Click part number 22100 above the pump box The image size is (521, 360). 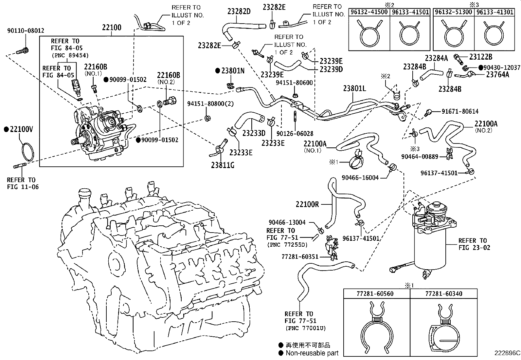click(x=112, y=28)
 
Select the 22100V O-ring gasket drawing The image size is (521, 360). click(x=27, y=152)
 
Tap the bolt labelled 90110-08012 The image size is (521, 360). click(x=23, y=51)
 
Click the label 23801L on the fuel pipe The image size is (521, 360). click(x=355, y=88)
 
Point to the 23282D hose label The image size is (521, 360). click(x=239, y=12)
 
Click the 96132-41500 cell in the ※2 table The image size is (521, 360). click(x=369, y=12)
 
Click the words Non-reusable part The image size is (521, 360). click(x=312, y=353)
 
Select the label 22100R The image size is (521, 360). click(x=307, y=204)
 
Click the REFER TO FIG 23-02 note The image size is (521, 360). click(x=474, y=244)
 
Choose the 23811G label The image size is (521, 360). click(x=223, y=165)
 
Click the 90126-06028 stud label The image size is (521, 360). click(x=295, y=134)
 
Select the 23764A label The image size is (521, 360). click(x=497, y=74)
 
